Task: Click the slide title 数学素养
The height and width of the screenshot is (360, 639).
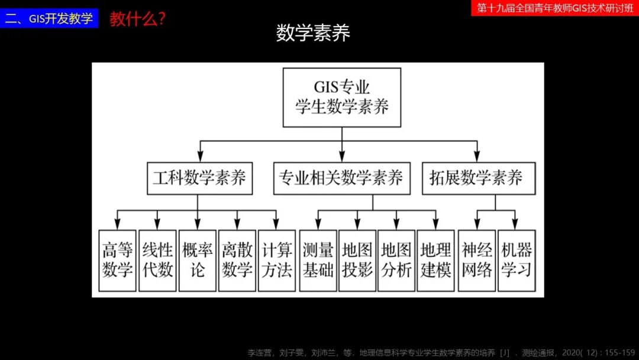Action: click(313, 33)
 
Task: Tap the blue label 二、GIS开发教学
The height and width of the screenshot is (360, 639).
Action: click(49, 18)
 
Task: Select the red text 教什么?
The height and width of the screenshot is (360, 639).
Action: click(137, 19)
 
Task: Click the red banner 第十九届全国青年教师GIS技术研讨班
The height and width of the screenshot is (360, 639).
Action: click(555, 8)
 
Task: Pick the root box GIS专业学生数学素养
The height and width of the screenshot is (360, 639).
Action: click(342, 97)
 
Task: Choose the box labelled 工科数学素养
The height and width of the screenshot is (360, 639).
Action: click(199, 178)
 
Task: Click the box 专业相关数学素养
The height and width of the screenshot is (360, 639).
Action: click(341, 178)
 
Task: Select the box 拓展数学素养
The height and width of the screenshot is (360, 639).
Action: click(479, 178)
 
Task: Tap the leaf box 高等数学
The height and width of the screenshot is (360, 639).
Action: click(118, 261)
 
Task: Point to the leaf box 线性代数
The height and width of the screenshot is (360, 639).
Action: click(157, 261)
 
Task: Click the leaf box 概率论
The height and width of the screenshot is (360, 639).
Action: click(197, 261)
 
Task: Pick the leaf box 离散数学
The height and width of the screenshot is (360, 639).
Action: click(237, 261)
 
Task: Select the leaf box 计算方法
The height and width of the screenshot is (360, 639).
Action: click(277, 261)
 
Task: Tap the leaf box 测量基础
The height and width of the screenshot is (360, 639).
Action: click(318, 261)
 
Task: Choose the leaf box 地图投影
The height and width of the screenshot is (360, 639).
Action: click(357, 261)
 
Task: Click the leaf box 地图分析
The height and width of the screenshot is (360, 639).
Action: click(396, 261)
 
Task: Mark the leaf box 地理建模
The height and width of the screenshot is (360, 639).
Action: click(435, 261)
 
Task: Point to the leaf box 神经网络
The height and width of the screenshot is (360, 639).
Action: click(477, 261)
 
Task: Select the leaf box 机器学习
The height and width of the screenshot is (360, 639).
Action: click(517, 261)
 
